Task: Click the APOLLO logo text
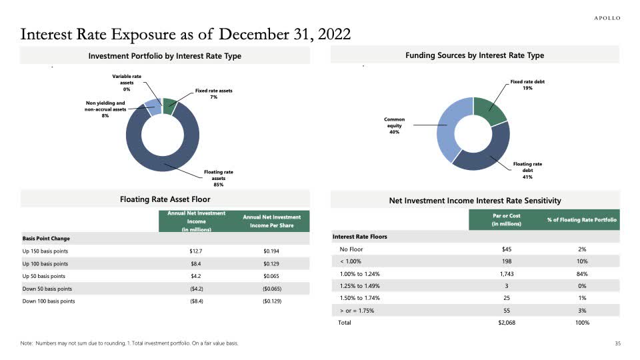pos(607,18)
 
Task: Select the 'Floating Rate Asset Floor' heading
pos(165,199)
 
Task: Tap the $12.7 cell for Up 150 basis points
pos(195,251)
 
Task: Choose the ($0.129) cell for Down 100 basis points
pos(273,301)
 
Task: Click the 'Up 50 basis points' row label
pos(45,276)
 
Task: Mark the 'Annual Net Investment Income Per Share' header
pos(272,221)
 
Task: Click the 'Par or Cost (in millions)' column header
pos(506,220)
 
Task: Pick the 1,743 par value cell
pos(506,274)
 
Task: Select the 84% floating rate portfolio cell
pos(583,274)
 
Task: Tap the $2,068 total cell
pos(506,323)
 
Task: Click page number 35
pos(617,343)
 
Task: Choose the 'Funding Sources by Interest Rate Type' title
pos(475,55)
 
